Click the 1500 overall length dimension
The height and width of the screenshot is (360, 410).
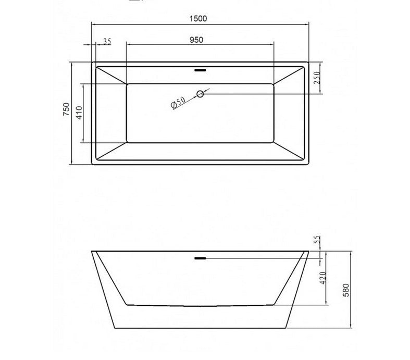[x=199, y=18]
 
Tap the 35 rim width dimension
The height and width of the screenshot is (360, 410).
[x=107, y=42]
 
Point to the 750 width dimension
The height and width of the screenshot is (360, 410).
[x=66, y=109]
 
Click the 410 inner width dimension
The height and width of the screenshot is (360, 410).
[x=79, y=113]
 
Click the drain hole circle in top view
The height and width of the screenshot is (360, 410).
[x=200, y=94]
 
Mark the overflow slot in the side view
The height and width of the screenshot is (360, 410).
[x=200, y=257]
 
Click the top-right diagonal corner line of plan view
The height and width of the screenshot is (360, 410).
[x=289, y=75]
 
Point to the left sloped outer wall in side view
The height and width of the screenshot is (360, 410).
[x=102, y=289]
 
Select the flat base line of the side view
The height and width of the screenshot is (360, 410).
[x=200, y=328]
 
